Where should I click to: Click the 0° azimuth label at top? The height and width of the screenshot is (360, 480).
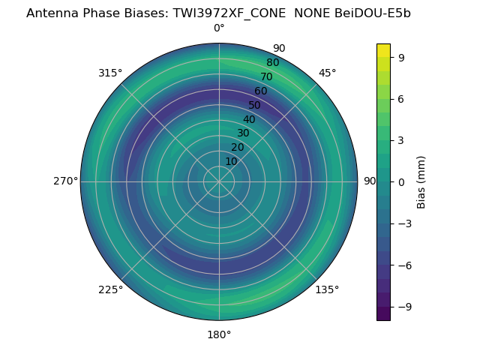(219, 28)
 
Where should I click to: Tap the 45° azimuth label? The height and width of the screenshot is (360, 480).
(328, 73)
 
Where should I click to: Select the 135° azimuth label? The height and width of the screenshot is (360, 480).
(327, 289)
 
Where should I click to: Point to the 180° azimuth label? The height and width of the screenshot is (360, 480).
(219, 334)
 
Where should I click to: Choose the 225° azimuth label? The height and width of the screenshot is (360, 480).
(110, 290)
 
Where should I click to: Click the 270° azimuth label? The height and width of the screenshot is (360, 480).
(65, 181)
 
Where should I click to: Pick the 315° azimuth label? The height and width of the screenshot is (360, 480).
(110, 73)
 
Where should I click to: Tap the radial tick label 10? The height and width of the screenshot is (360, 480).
(231, 161)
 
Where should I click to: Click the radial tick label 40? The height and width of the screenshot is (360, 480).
(249, 119)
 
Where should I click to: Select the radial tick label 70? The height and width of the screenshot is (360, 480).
(266, 76)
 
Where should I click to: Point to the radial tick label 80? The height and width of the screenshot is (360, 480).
(272, 62)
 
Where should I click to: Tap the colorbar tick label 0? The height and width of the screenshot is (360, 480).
(401, 181)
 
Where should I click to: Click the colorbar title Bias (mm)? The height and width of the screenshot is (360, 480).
(421, 181)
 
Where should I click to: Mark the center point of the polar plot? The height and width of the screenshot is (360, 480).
(219, 181)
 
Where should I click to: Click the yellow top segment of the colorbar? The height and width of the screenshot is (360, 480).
(383, 50)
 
